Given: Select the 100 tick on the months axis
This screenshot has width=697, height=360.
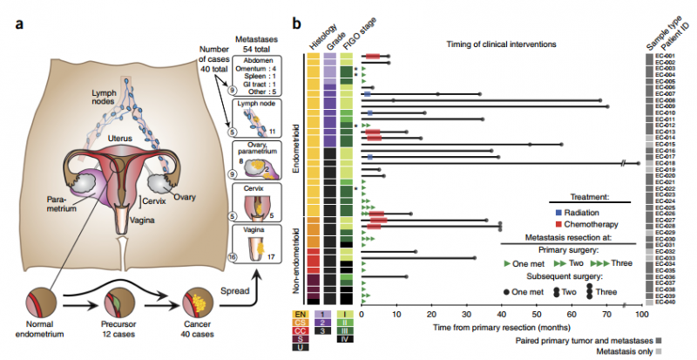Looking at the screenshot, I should (641, 314).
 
